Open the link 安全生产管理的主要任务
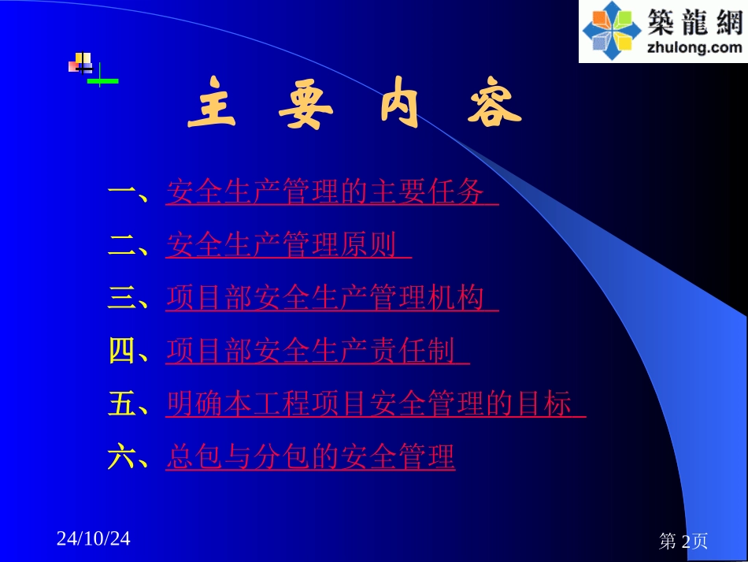pyautogui.click(x=331, y=192)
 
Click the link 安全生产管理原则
pyautogui.click(x=287, y=245)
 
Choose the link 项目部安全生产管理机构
pyautogui.click(x=331, y=298)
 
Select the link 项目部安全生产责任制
pyautogui.click(x=317, y=351)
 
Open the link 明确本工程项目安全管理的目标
pyautogui.click(x=375, y=404)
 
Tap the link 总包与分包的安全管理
pyautogui.click(x=310, y=456)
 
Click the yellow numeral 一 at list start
pyautogui.click(x=122, y=192)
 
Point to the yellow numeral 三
pyautogui.click(x=122, y=298)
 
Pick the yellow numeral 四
pyautogui.click(x=122, y=351)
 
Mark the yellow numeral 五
pyautogui.click(x=122, y=404)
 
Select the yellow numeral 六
pyautogui.click(x=122, y=456)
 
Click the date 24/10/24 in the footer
pyautogui.click(x=94, y=539)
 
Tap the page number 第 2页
pyautogui.click(x=683, y=541)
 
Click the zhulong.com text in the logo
pyautogui.click(x=694, y=47)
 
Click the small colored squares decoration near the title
pyautogui.click(x=81, y=63)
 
